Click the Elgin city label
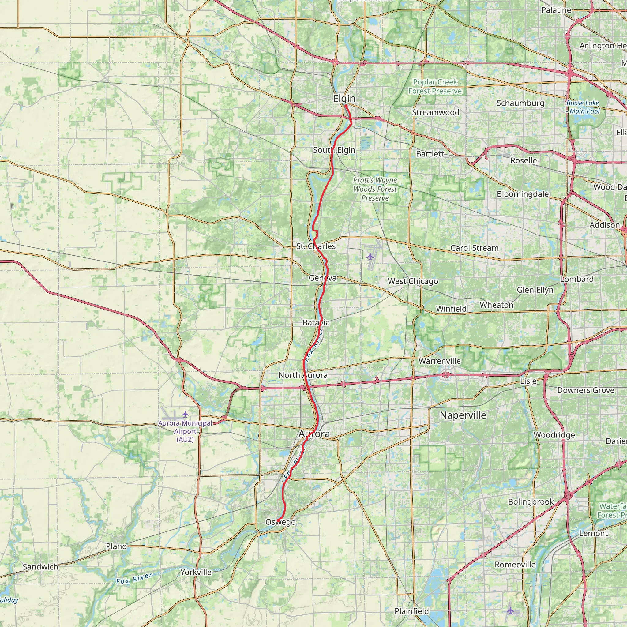coord(344,98)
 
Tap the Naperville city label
coord(463,415)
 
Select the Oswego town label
coord(280,522)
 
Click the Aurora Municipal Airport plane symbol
coord(185,414)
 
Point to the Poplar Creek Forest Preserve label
coord(435,87)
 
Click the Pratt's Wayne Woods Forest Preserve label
coord(375,189)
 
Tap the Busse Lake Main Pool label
coord(583,107)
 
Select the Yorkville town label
coord(196,572)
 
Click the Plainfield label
coord(411,611)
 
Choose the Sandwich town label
coord(41,567)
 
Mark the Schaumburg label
coord(520,103)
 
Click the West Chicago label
coord(413,281)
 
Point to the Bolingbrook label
coord(531,502)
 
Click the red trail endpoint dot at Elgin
coord(346,106)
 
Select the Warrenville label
coord(439,361)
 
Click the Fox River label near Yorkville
coord(134,579)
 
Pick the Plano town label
coord(116,546)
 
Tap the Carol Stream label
coord(475,248)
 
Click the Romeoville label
coord(515,564)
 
